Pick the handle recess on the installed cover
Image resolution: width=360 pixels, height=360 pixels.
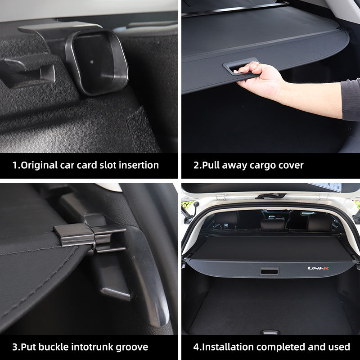point(270,271)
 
